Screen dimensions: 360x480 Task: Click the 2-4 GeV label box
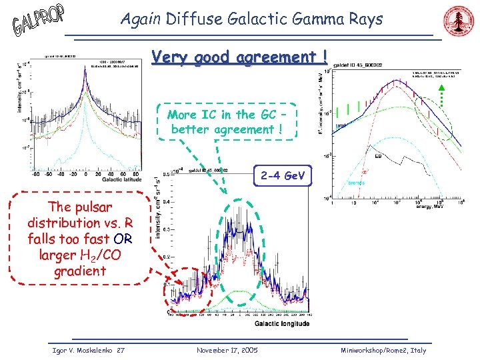(x=283, y=176)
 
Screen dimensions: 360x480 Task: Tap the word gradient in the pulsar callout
(x=81, y=271)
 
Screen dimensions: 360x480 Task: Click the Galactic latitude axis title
(x=123, y=179)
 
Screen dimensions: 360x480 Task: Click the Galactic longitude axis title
(x=281, y=324)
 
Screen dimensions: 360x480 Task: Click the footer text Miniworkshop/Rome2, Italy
(x=383, y=350)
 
